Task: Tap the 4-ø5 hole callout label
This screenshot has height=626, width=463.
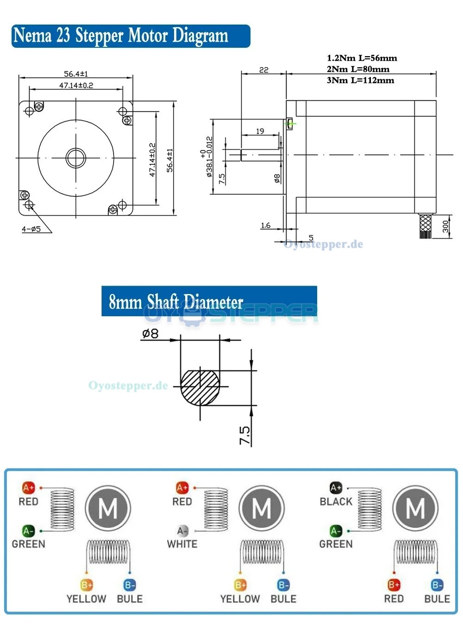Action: (x=31, y=229)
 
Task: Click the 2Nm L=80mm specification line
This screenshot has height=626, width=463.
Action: (x=358, y=69)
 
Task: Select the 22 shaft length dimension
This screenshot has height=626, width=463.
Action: (x=263, y=70)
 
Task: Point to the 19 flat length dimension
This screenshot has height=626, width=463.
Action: (x=260, y=131)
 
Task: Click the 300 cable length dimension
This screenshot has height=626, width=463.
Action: (x=445, y=226)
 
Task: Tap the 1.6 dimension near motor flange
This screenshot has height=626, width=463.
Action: (x=265, y=225)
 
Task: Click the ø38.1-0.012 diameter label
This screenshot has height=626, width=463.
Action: (x=209, y=157)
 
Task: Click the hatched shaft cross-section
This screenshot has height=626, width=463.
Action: (x=200, y=386)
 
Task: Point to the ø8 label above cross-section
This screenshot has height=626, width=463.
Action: (x=150, y=333)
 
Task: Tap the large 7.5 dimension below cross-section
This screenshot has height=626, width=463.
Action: (x=245, y=435)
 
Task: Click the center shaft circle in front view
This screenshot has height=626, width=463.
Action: (x=76, y=158)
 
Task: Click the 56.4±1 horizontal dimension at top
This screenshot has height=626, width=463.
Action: (x=75, y=74)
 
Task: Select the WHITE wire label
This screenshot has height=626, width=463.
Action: (x=182, y=544)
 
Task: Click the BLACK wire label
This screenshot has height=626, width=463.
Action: (x=336, y=501)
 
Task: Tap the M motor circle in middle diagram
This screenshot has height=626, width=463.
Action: (x=262, y=509)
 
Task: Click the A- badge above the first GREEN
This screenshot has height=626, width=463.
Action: (x=28, y=530)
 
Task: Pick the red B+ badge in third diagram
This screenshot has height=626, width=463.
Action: (x=394, y=585)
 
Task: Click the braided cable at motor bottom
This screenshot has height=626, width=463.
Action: (x=425, y=226)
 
